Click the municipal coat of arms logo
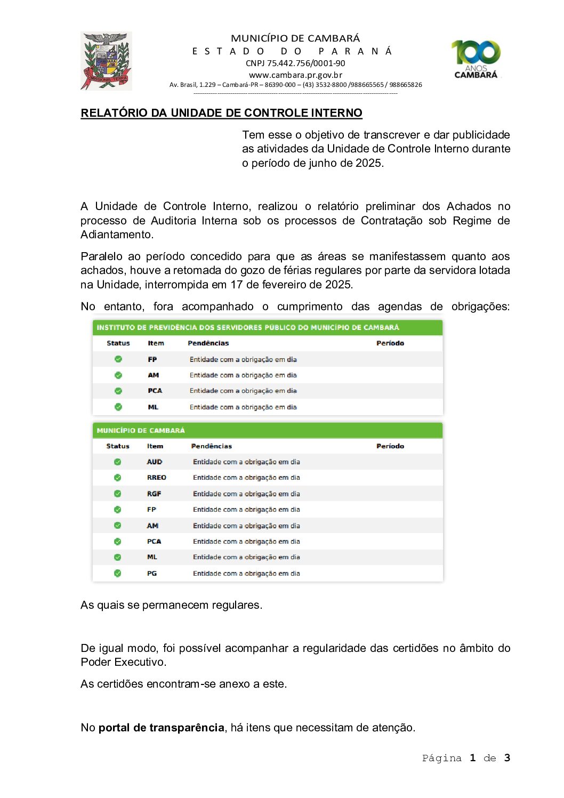point(106,61)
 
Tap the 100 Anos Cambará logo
point(476,59)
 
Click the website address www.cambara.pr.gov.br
point(295,75)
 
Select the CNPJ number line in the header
point(295,63)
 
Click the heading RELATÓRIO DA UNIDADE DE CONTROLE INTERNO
point(221,113)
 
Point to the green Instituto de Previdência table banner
point(268,327)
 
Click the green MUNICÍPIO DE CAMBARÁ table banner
point(268,430)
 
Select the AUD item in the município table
point(155,462)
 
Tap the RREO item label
point(157,478)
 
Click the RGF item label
point(154,494)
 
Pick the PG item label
point(152,574)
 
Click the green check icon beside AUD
point(118,462)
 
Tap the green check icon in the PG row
point(118,574)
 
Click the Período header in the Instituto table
point(390,343)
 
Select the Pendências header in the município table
point(212,446)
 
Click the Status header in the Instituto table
point(118,343)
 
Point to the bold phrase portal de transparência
point(161,728)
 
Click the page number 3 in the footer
point(507,758)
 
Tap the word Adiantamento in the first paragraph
point(116,235)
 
